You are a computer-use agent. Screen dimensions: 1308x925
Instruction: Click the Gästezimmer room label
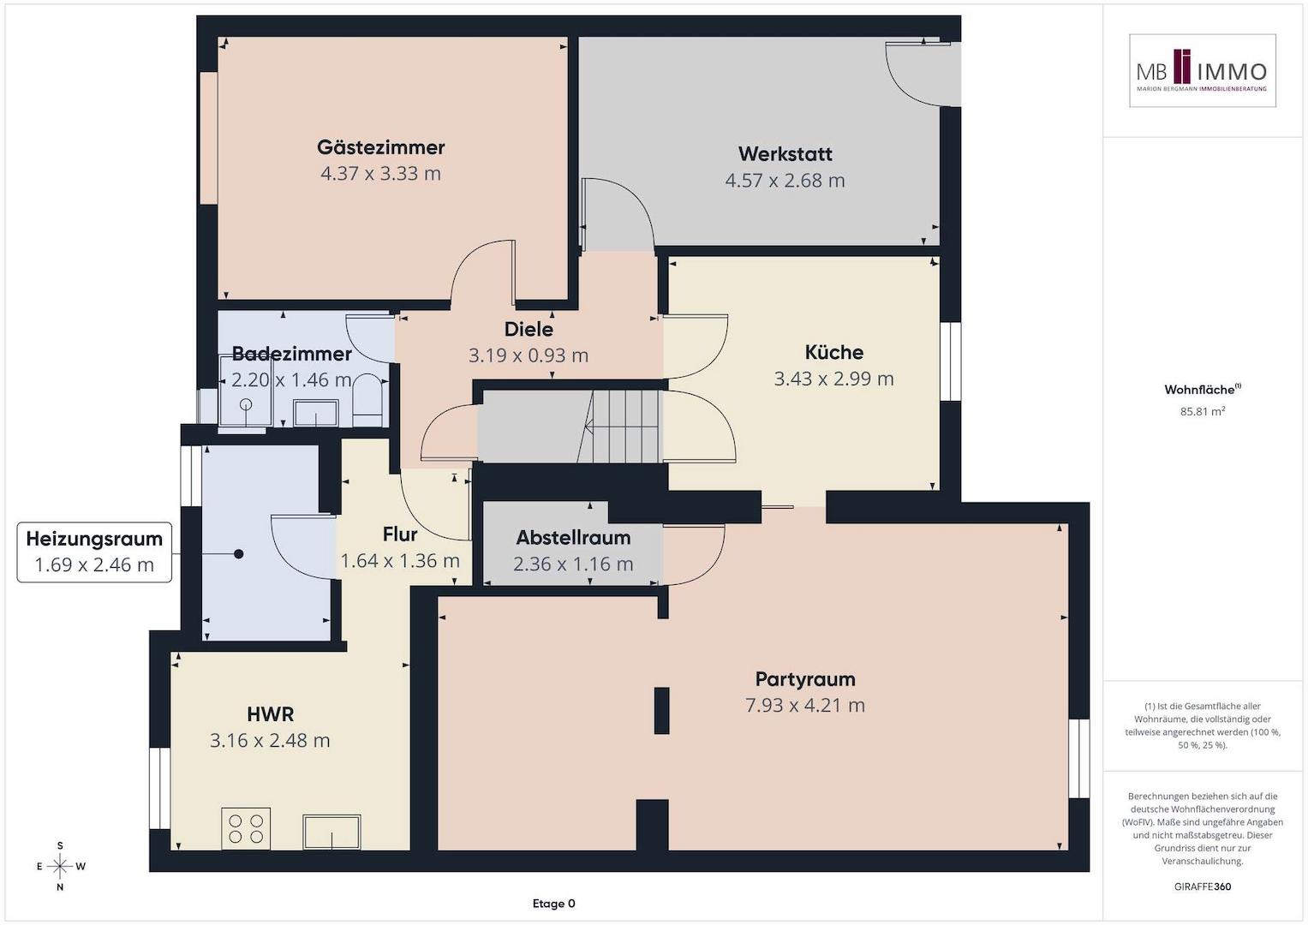pos(380,147)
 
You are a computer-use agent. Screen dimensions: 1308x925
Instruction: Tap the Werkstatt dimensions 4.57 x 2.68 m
pos(785,181)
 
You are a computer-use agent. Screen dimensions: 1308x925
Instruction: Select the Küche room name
pos(833,352)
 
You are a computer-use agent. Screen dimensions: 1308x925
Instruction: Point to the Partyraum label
pos(805,678)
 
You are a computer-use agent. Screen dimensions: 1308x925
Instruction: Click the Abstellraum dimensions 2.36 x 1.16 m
pos(573,564)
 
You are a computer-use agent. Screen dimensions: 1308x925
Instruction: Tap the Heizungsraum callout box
pos(94,552)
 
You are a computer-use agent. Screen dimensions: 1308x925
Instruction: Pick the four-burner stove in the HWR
pos(246,829)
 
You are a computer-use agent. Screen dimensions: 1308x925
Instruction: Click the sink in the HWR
pos(331,832)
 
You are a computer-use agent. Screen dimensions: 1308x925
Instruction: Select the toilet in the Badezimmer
pos(367,401)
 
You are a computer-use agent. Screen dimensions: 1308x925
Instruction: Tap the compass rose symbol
pos(60,866)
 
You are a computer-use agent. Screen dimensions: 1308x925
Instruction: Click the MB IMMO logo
pos(1203,70)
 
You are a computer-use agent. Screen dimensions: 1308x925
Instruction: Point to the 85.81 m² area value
pos(1203,411)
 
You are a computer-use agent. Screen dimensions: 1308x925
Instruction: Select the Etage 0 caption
pos(553,904)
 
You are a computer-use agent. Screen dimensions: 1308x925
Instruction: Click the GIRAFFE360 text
pos(1203,886)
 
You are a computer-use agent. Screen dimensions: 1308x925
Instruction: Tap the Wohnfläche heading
pos(1203,390)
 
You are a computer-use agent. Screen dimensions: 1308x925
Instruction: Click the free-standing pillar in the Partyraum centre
pos(661,710)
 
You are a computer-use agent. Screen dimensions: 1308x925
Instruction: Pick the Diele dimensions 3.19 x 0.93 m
pos(528,355)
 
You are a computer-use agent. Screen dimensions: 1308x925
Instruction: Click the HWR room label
pos(270,713)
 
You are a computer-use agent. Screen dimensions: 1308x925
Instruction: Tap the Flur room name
pos(400,534)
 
